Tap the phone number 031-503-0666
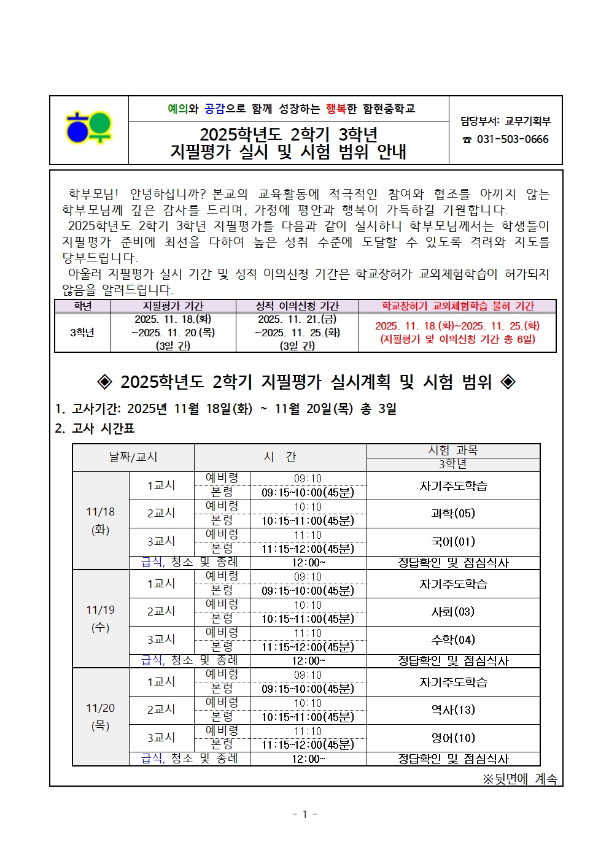[x=512, y=139]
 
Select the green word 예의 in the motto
[x=177, y=109]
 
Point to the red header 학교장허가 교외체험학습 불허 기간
[x=457, y=306]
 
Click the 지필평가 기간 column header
[x=173, y=306]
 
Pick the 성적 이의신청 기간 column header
[x=297, y=306]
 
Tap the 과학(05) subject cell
[x=453, y=514]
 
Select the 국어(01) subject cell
[x=453, y=542]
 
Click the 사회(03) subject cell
[x=453, y=612]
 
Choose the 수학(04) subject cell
[x=453, y=640]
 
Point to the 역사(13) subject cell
[x=453, y=710]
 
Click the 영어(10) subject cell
[x=453, y=738]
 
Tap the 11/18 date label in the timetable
[x=101, y=512]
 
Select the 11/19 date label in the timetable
[x=101, y=610]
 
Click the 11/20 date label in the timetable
[x=101, y=708]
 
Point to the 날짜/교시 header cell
[x=133, y=457]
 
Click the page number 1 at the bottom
[x=304, y=814]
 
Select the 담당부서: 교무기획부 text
[x=506, y=122]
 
